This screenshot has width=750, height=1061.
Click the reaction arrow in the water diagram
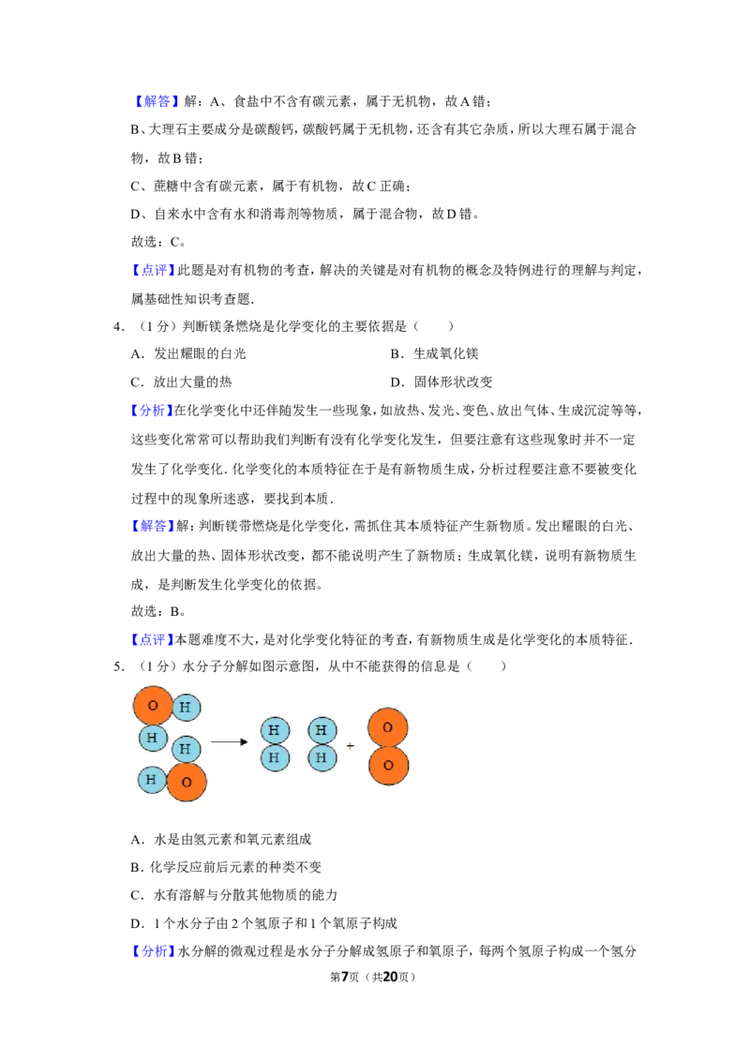point(230,741)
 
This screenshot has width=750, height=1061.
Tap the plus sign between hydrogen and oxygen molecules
point(350,746)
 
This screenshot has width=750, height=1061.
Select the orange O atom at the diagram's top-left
point(153,706)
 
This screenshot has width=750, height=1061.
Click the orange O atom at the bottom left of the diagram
point(187,782)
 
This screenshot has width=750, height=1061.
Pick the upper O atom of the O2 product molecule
point(388,727)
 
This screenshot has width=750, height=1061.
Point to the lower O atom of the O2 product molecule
point(388,766)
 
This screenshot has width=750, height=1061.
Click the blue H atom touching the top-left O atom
point(186,708)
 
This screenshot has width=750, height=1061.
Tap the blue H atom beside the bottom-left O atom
point(152,780)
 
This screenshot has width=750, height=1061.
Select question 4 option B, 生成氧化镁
point(435,353)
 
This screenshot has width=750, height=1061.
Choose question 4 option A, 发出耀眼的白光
point(188,353)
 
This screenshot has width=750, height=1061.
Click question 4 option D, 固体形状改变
point(442,381)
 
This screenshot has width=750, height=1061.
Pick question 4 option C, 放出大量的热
point(182,381)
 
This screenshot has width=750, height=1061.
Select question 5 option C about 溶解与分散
point(234,894)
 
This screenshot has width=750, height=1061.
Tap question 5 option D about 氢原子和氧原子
point(264,923)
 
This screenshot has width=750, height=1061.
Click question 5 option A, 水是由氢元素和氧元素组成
point(220,839)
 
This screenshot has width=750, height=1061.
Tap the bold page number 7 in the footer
point(345,977)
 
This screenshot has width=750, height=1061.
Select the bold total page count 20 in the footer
point(390,977)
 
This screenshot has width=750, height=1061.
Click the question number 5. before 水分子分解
point(118,666)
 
